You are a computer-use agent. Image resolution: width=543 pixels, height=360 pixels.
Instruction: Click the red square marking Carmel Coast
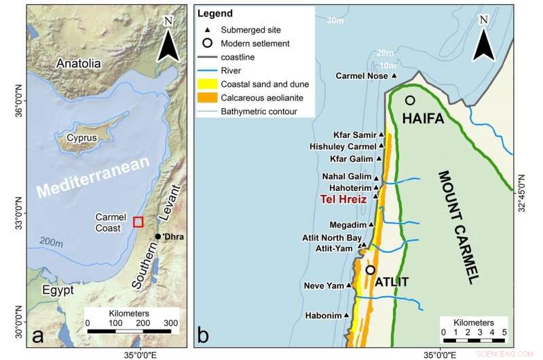(x=138, y=221)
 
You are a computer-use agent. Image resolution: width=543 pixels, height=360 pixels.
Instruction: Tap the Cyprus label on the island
(x=81, y=138)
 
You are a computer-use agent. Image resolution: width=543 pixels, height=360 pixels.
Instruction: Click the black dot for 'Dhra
(x=158, y=236)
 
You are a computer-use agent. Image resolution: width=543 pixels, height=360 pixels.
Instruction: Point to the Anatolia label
(x=79, y=63)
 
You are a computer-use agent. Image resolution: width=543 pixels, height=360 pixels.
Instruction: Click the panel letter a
(x=38, y=336)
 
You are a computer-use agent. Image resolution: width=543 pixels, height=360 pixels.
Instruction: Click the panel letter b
(x=203, y=336)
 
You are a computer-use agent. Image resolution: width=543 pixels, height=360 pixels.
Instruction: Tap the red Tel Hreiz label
(x=343, y=200)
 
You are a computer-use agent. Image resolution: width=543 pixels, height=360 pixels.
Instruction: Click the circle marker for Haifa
(x=410, y=101)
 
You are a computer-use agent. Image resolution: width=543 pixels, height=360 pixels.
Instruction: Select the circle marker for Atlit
(x=370, y=270)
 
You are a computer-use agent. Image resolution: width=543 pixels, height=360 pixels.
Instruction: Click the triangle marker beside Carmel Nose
(x=394, y=76)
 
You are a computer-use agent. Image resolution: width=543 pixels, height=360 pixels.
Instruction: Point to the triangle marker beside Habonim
(x=346, y=315)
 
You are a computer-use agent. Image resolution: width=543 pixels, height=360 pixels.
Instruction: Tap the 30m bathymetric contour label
(x=334, y=21)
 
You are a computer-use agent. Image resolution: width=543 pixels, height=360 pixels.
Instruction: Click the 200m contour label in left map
(x=50, y=241)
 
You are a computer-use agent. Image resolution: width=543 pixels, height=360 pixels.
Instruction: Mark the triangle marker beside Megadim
(x=372, y=225)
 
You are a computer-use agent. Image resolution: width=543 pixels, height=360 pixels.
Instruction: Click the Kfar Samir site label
(x=354, y=134)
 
